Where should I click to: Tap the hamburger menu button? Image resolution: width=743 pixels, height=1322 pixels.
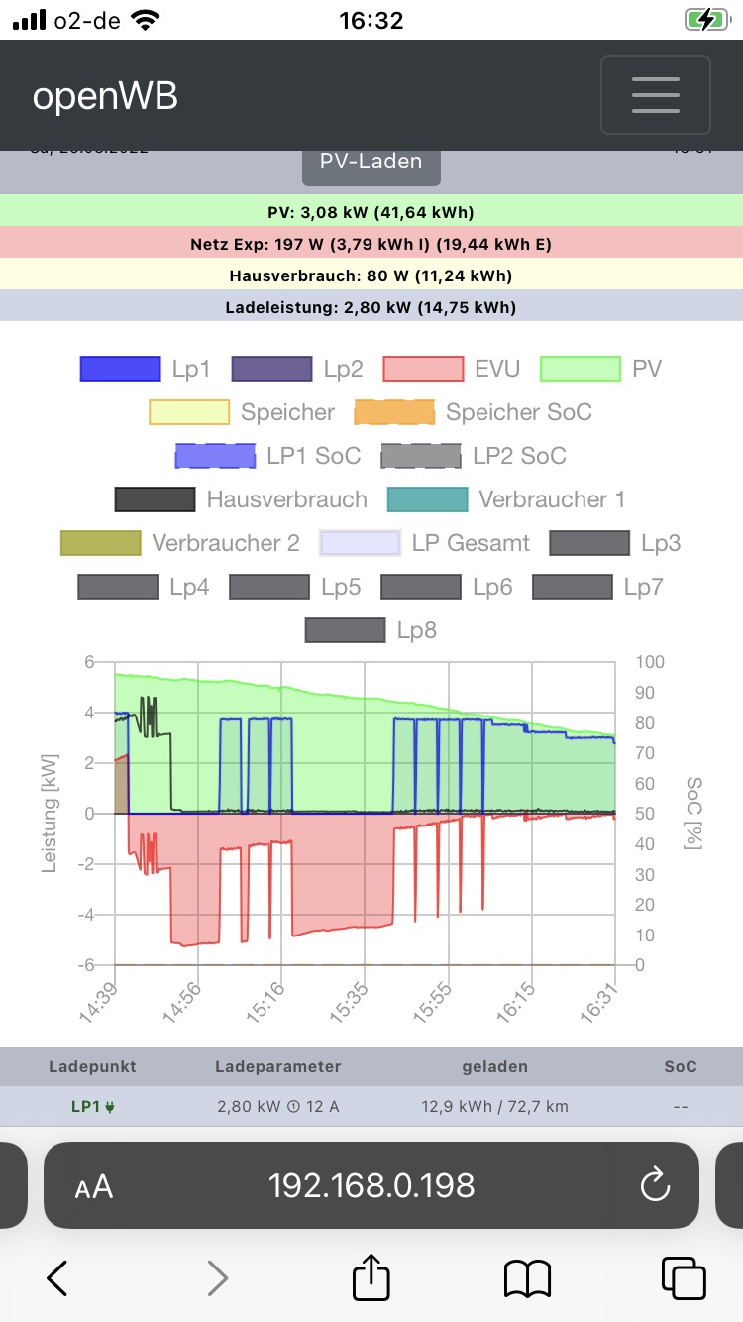tap(655, 95)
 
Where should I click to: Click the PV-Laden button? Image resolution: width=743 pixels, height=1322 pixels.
tap(371, 162)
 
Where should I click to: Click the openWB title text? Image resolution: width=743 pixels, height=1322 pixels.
tap(105, 96)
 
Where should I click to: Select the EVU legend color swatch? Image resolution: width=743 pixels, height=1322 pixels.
tap(423, 369)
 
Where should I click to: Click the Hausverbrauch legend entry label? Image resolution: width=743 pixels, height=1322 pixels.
tap(286, 499)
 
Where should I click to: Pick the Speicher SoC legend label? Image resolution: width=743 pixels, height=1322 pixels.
tap(518, 412)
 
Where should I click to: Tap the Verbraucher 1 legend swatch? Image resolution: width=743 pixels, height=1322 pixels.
tap(427, 499)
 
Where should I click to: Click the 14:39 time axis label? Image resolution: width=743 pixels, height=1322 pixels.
tap(97, 1003)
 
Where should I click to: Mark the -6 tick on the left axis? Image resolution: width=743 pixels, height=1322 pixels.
tap(87, 965)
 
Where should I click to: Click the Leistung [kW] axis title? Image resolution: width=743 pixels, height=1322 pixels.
tap(49, 814)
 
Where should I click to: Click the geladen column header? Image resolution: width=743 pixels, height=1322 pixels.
tap(494, 1067)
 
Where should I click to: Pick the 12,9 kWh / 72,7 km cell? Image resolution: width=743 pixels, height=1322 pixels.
tap(494, 1106)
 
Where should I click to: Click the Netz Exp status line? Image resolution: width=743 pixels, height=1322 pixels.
tap(371, 244)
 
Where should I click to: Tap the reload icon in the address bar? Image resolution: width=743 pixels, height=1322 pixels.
tap(655, 1185)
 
